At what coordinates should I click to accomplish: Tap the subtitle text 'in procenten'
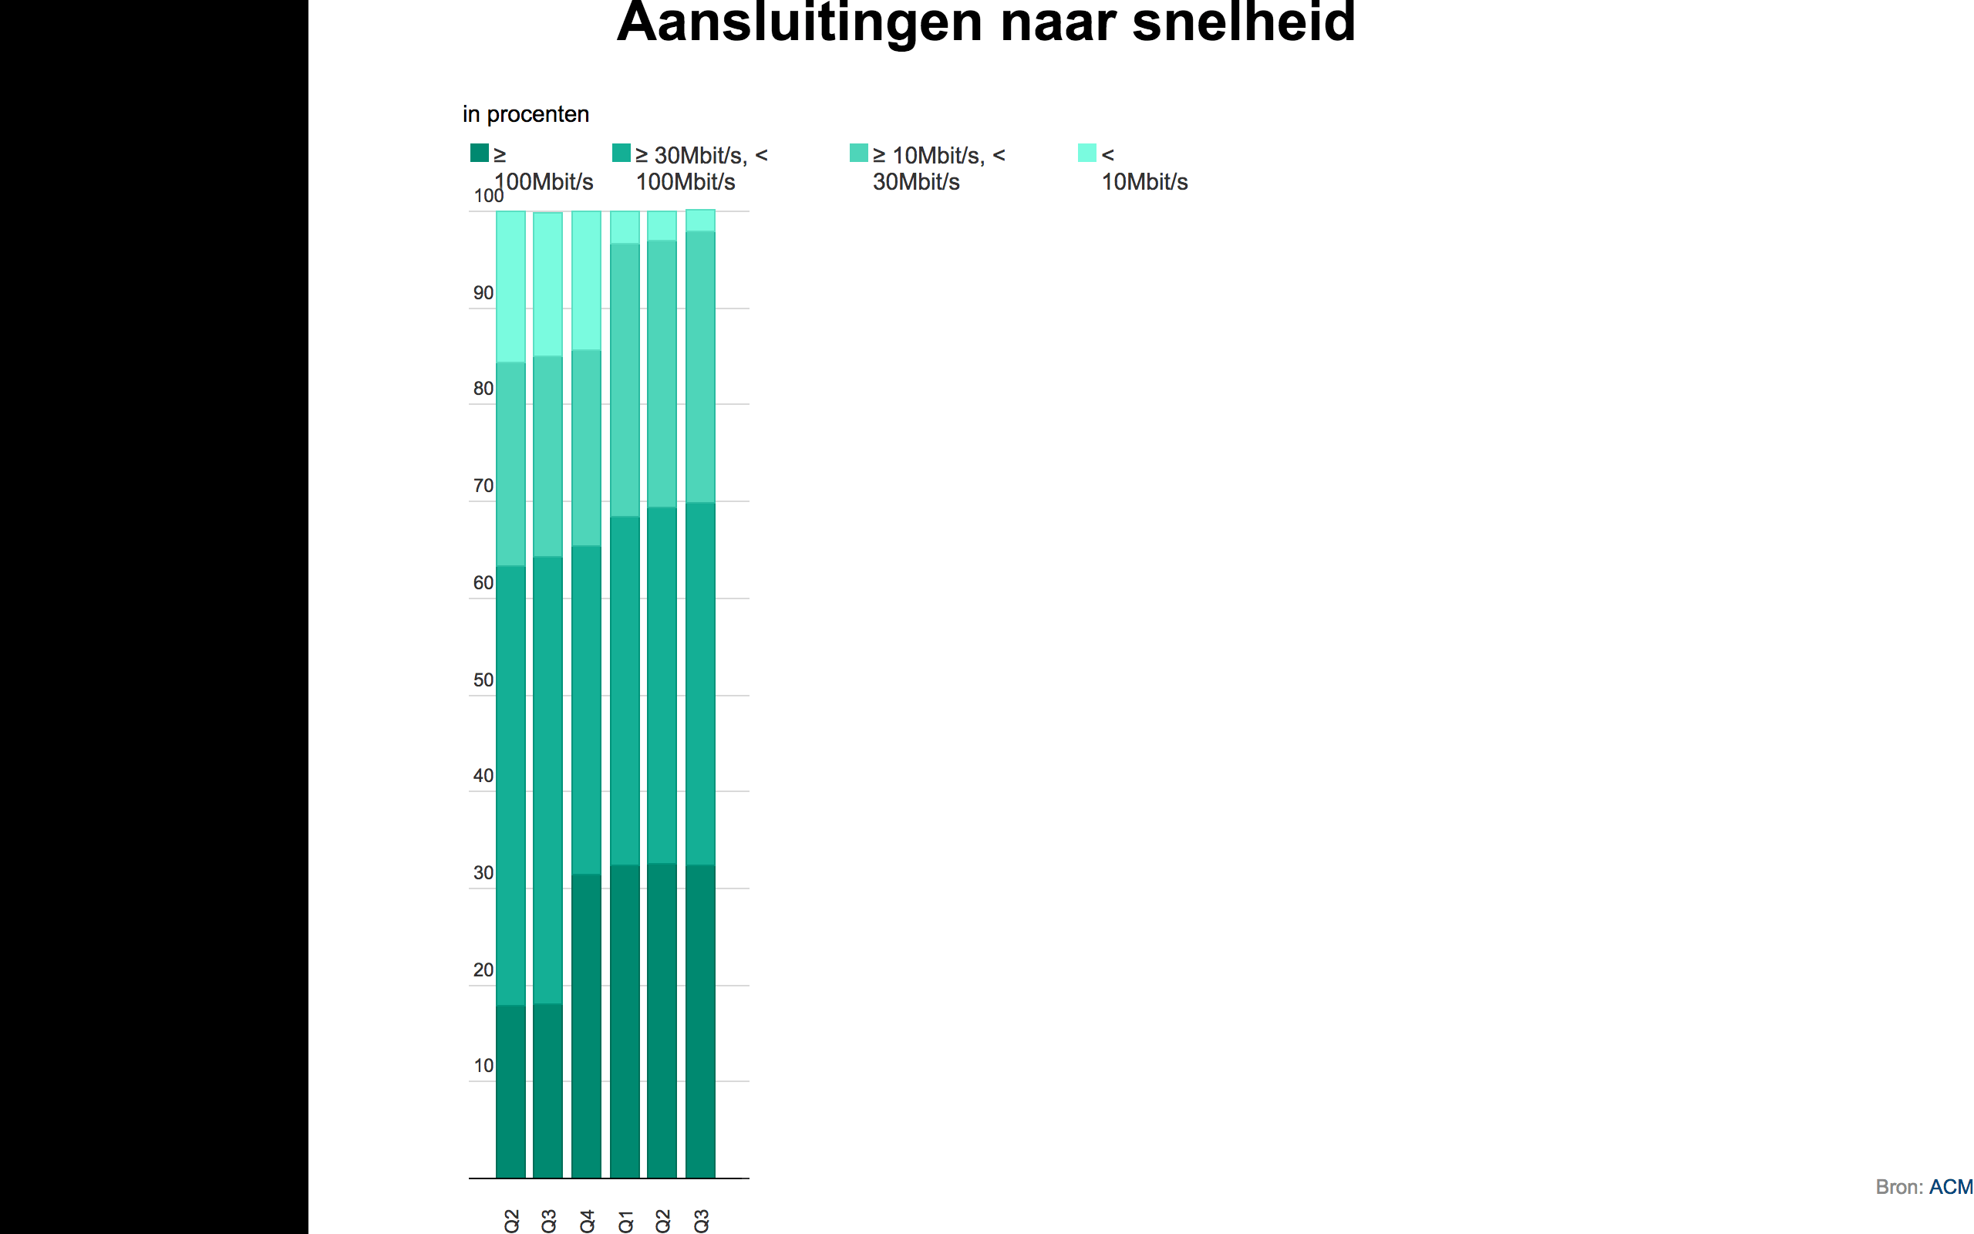pos(525,114)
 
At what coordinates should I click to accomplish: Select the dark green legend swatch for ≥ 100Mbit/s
pos(480,153)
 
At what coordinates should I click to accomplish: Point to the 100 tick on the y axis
pos(487,197)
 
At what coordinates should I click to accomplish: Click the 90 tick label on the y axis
pos(483,293)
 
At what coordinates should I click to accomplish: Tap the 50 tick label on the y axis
pos(483,679)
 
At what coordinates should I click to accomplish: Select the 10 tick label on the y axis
pos(483,1065)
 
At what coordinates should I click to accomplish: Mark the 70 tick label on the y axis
pos(483,486)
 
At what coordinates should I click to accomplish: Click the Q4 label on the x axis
pos(588,1220)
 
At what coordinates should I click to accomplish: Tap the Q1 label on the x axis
pos(625,1220)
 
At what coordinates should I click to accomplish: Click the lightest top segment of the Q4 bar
pos(587,280)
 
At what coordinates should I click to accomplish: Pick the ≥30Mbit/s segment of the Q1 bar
pos(625,689)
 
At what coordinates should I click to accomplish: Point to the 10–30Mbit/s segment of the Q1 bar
pos(625,379)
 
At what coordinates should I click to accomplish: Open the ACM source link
pos(1950,1187)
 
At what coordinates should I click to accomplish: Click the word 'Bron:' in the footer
pos(1899,1187)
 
